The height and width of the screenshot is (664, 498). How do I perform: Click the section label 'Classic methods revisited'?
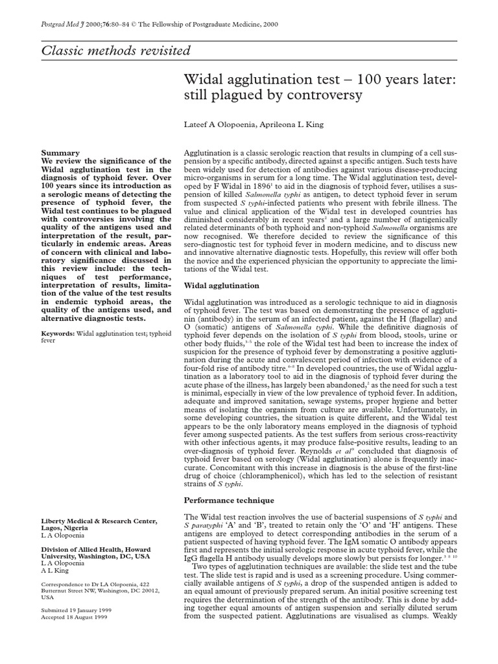pos(117,51)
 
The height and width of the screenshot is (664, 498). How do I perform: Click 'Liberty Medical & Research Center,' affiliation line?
pos(99,521)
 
